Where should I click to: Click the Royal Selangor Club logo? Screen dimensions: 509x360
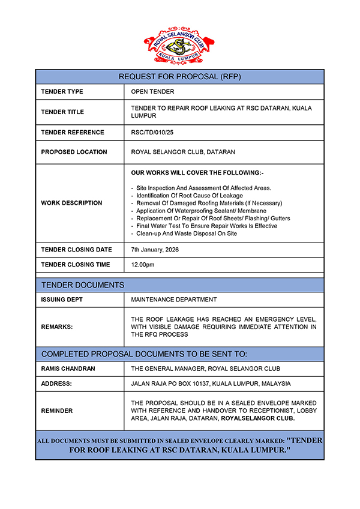[179, 45]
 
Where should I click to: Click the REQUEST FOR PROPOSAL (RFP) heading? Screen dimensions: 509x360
[179, 77]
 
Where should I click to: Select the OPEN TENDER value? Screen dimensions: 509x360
[152, 92]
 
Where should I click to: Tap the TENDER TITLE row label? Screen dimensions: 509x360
[62, 112]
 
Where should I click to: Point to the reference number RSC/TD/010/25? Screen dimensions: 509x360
[152, 132]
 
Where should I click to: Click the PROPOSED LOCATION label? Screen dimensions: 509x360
[74, 152]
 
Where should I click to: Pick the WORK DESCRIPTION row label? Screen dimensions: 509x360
[71, 203]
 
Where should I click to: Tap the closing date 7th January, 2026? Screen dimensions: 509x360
[155, 250]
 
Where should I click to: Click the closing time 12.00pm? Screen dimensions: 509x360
[143, 265]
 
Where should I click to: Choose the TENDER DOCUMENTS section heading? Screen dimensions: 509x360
[83, 285]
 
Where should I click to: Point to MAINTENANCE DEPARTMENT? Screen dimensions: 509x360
[174, 299]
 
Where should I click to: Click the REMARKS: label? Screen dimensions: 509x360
[56, 327]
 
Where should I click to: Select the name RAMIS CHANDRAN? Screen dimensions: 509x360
[68, 369]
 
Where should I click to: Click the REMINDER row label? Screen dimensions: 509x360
[57, 411]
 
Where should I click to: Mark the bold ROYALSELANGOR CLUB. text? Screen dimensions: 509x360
[258, 418]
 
